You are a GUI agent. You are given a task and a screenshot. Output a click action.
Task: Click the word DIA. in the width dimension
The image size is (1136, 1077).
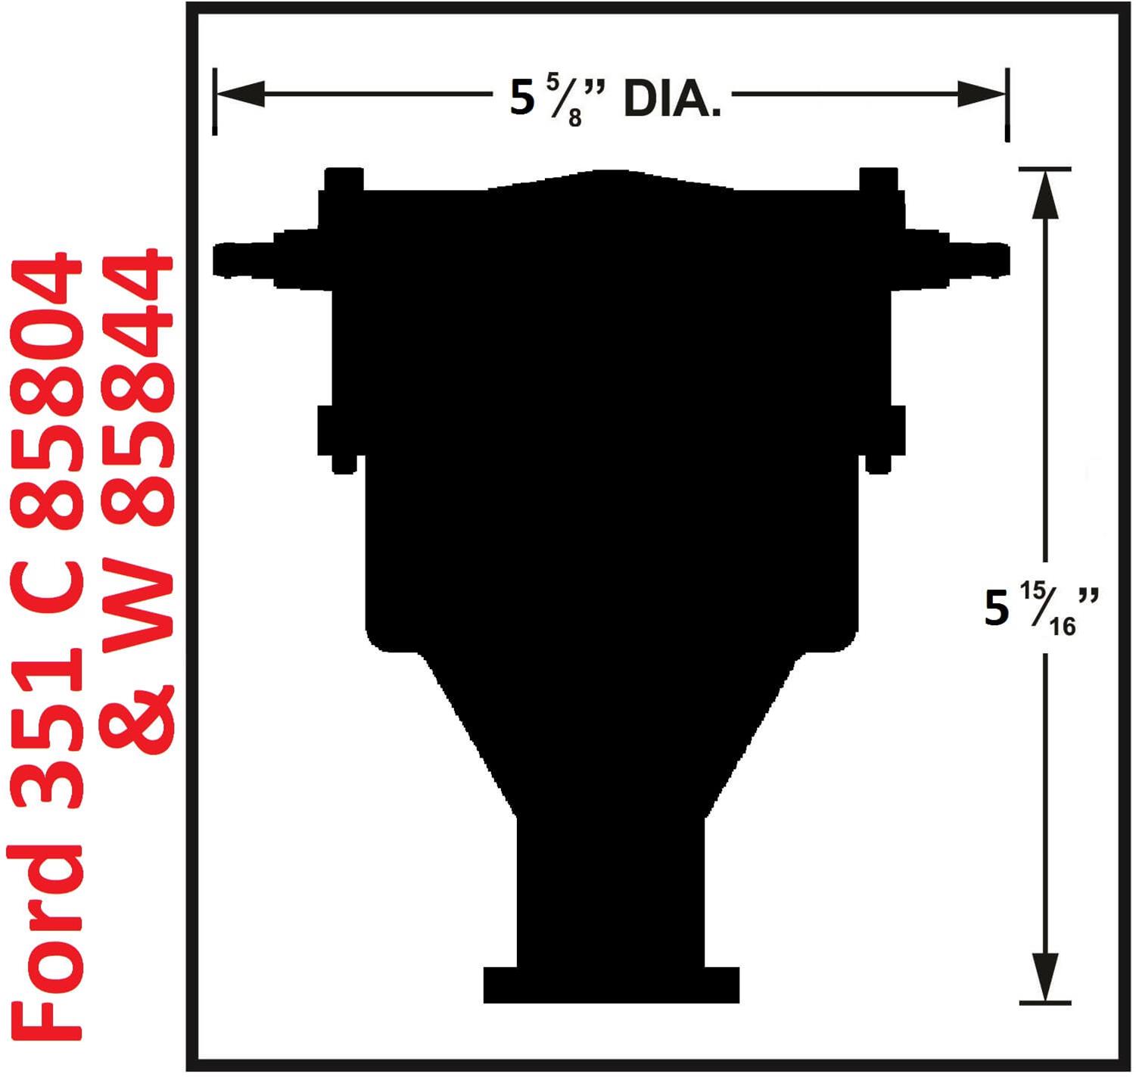pos(671,99)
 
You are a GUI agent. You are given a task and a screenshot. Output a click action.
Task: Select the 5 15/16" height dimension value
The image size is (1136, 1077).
pos(1040,608)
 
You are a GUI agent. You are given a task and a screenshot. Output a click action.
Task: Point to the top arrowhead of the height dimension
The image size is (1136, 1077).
pos(1044,195)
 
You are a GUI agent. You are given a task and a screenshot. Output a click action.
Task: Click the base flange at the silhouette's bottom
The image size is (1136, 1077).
pos(611,985)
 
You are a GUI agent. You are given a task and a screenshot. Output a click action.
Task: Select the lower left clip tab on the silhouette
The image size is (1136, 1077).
pos(336,439)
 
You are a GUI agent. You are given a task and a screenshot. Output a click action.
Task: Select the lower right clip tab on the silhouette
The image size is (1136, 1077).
pos(885,439)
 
